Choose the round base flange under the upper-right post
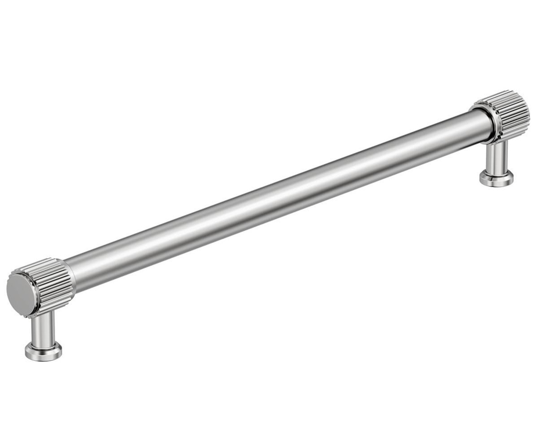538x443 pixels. (x=497, y=177)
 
